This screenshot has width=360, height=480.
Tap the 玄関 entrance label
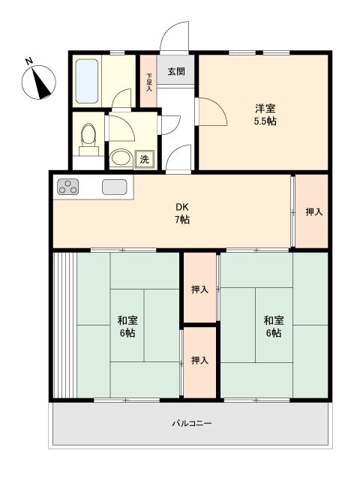176,72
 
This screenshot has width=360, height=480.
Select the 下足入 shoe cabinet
148,81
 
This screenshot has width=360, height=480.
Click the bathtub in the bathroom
87,81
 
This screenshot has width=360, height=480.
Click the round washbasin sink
121,157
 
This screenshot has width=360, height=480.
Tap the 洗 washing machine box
145,159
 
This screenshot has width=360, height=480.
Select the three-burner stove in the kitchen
68,187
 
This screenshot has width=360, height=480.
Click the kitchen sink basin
115,187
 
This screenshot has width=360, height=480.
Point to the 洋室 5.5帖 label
265,115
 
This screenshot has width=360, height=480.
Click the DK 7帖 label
182,213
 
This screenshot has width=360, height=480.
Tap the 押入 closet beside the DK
312,211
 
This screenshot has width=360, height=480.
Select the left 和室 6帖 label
127,327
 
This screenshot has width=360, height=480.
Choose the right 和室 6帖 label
274,327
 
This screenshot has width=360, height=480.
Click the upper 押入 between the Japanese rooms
200,289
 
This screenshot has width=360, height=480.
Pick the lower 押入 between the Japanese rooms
200,362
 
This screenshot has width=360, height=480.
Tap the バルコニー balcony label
192,423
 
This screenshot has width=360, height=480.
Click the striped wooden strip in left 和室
65,325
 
